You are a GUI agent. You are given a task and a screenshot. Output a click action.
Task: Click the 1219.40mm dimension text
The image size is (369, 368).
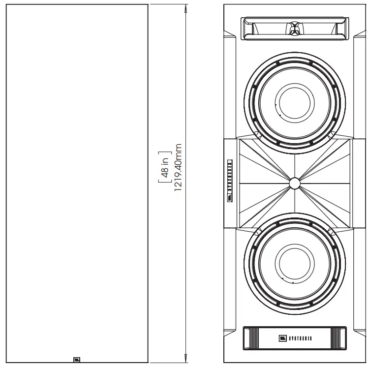click(179, 169)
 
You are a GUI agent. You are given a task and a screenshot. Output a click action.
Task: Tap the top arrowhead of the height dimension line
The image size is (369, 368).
click(185, 8)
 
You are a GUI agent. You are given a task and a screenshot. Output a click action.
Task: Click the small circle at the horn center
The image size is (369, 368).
click(294, 183)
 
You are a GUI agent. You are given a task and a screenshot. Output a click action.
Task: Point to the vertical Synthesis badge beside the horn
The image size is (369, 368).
click(229, 180)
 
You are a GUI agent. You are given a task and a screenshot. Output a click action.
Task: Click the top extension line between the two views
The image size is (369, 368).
click(167, 4)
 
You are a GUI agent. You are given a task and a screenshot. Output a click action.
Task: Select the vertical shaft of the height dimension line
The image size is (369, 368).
click(185, 271)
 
